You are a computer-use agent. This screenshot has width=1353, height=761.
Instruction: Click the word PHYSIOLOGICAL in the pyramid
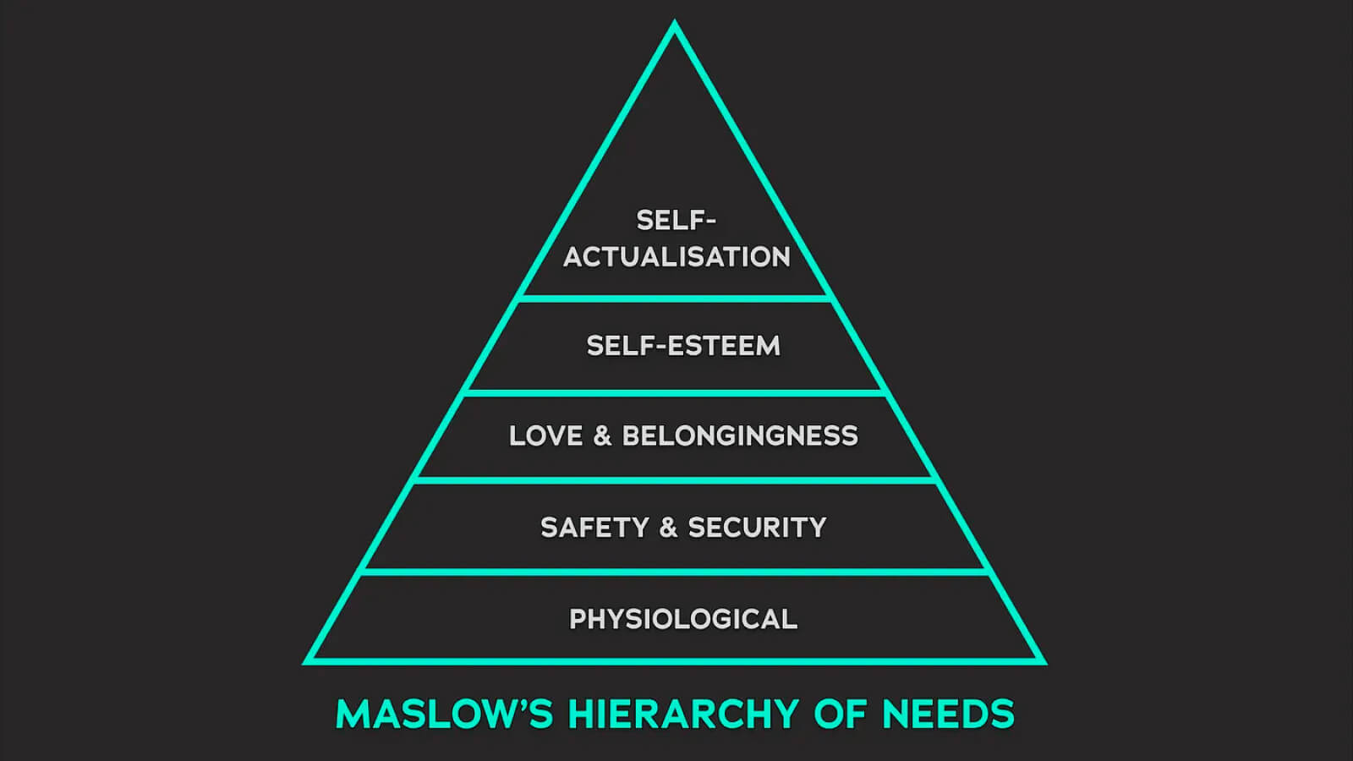click(x=683, y=619)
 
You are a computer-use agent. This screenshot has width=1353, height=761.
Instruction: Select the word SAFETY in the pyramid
click(x=594, y=528)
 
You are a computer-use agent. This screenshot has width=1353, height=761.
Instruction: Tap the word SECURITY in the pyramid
click(x=757, y=528)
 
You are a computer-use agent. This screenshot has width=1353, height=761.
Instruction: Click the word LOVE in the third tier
click(x=545, y=436)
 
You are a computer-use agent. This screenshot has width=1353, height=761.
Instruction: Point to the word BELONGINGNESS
click(x=740, y=436)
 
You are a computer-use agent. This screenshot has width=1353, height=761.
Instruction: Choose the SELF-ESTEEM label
click(x=683, y=346)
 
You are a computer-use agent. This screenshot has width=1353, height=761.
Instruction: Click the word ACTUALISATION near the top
click(x=676, y=257)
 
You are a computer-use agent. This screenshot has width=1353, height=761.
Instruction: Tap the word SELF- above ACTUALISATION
click(x=676, y=221)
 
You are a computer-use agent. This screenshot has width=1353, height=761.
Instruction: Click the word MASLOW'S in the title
click(x=444, y=714)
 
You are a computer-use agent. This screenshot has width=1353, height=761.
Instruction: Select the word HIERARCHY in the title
click(x=683, y=714)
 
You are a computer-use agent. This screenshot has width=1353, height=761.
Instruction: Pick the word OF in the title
click(x=840, y=714)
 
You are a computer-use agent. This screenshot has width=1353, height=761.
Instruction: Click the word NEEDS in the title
click(x=948, y=714)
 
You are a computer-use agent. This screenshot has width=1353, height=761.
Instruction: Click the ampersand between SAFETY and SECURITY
click(x=668, y=528)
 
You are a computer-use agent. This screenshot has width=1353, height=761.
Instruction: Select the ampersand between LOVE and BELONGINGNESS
click(x=602, y=436)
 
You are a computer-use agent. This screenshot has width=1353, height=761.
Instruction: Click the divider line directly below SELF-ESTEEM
click(x=675, y=392)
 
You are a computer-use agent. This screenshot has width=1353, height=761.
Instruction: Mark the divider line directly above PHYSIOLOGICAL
click(x=675, y=572)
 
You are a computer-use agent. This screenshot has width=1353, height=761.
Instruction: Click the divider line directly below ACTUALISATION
click(x=675, y=298)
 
